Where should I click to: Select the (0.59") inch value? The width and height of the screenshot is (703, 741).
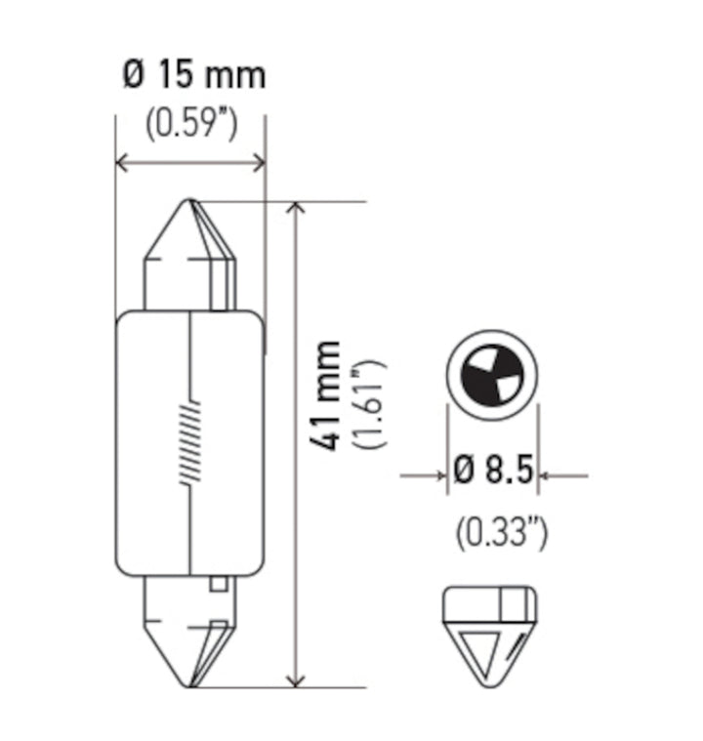(x=191, y=123)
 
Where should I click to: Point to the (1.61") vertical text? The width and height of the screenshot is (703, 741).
(x=371, y=403)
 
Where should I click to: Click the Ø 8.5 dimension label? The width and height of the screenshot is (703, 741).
(x=493, y=473)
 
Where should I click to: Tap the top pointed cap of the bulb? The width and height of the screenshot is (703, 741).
(x=190, y=234)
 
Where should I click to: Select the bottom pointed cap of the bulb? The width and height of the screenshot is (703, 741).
(x=190, y=644)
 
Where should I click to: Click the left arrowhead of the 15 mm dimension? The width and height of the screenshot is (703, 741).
(x=123, y=162)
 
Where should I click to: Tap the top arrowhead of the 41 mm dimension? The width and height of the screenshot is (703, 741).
(x=297, y=210)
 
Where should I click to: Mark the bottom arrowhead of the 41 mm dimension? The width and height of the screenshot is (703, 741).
(x=297, y=679)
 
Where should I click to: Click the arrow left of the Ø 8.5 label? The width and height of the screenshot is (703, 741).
(x=434, y=475)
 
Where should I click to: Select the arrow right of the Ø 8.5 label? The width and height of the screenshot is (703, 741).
(x=552, y=475)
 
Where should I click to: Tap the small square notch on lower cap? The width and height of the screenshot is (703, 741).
(x=220, y=585)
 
